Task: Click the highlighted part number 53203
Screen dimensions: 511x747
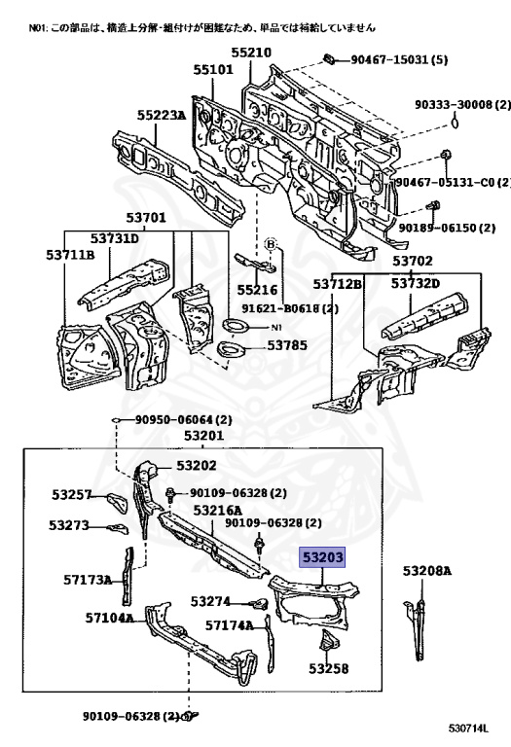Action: click(x=322, y=556)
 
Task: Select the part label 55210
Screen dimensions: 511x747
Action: click(x=251, y=53)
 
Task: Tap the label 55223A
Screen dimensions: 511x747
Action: click(x=162, y=115)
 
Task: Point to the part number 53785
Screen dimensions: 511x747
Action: click(x=287, y=345)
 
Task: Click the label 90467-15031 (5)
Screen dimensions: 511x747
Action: click(x=399, y=59)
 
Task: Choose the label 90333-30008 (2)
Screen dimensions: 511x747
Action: click(x=462, y=104)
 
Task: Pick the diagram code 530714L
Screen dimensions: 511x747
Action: click(x=468, y=729)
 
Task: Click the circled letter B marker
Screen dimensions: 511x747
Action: click(x=271, y=244)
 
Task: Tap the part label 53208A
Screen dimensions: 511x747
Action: click(x=426, y=570)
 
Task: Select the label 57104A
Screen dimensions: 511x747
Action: click(x=109, y=618)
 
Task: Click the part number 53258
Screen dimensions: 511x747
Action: click(x=328, y=669)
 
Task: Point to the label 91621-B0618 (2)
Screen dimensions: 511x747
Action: click(x=290, y=308)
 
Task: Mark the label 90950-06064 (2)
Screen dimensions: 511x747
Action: click(x=184, y=420)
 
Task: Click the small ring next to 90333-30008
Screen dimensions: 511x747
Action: click(x=455, y=123)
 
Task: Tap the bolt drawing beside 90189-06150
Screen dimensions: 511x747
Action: click(x=433, y=207)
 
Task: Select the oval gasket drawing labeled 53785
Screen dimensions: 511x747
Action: click(x=231, y=349)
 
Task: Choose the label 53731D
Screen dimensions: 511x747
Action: click(x=115, y=237)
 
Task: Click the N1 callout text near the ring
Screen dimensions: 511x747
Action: click(x=276, y=327)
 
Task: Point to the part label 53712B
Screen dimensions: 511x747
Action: click(x=337, y=284)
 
